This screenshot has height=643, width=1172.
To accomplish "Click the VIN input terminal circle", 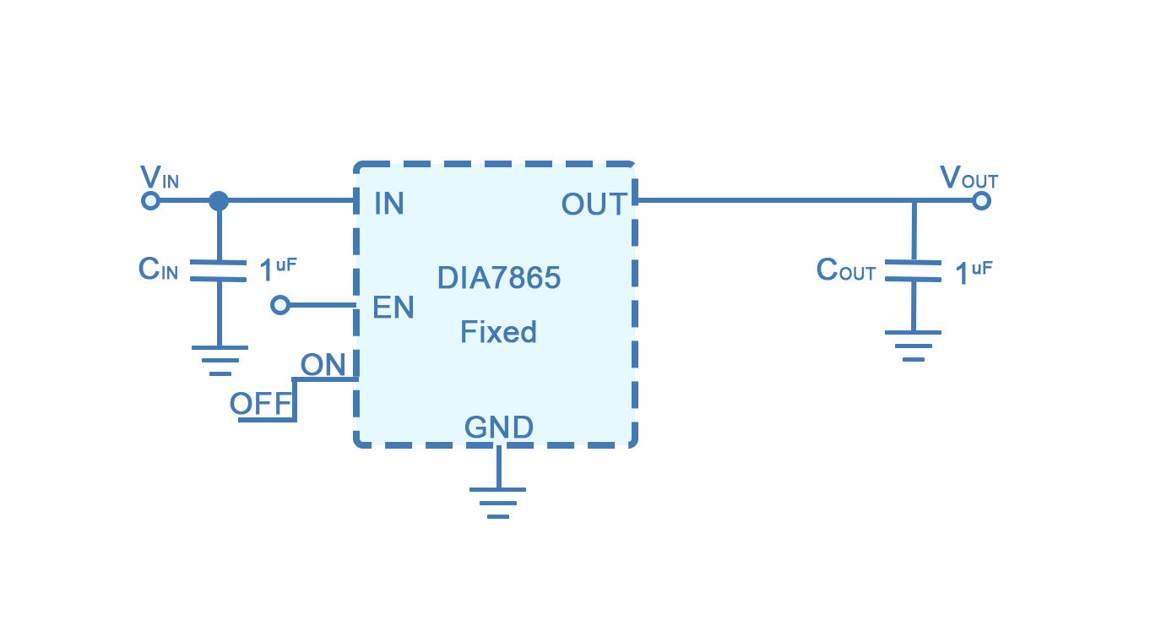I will (150, 201).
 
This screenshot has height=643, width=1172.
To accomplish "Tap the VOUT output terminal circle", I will (981, 201).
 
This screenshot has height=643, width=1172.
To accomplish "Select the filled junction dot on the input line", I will (219, 201).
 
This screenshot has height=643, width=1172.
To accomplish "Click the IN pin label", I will (388, 204).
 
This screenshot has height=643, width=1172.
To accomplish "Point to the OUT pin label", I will (594, 204).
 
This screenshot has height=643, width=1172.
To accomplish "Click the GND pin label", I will (499, 428).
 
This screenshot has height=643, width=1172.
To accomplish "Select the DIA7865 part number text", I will (498, 278).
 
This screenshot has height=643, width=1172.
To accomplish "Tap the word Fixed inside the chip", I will (498, 332).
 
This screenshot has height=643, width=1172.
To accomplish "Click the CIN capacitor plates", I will (219, 270).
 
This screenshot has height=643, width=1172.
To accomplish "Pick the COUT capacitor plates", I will (914, 270).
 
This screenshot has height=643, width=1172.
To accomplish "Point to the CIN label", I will (158, 270).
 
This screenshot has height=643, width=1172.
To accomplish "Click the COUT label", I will (845, 270).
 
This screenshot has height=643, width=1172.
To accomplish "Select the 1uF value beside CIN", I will (277, 270).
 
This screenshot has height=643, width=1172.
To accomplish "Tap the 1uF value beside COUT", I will (973, 273).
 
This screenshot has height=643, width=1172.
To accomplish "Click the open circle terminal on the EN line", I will (280, 305).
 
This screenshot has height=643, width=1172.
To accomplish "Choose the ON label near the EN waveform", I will (322, 366).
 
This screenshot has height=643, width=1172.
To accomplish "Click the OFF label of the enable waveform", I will (260, 405).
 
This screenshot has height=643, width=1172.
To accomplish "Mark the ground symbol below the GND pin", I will (498, 502).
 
